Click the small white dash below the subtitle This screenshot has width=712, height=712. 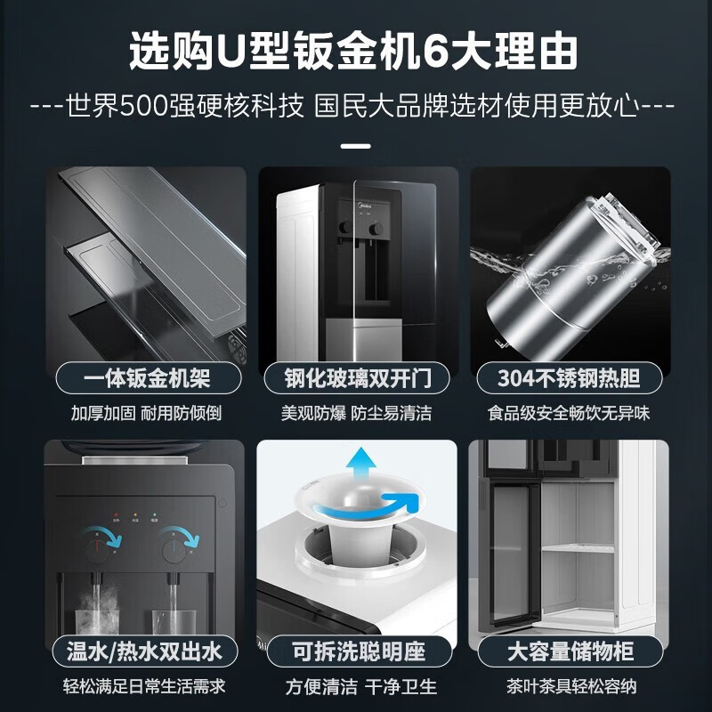(x=356, y=146)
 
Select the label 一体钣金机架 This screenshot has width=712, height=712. (x=146, y=379)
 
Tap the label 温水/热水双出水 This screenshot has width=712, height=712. (x=146, y=651)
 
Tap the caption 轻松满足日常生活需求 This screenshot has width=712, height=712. (x=146, y=686)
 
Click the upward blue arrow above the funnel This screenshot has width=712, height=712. (x=360, y=465)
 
